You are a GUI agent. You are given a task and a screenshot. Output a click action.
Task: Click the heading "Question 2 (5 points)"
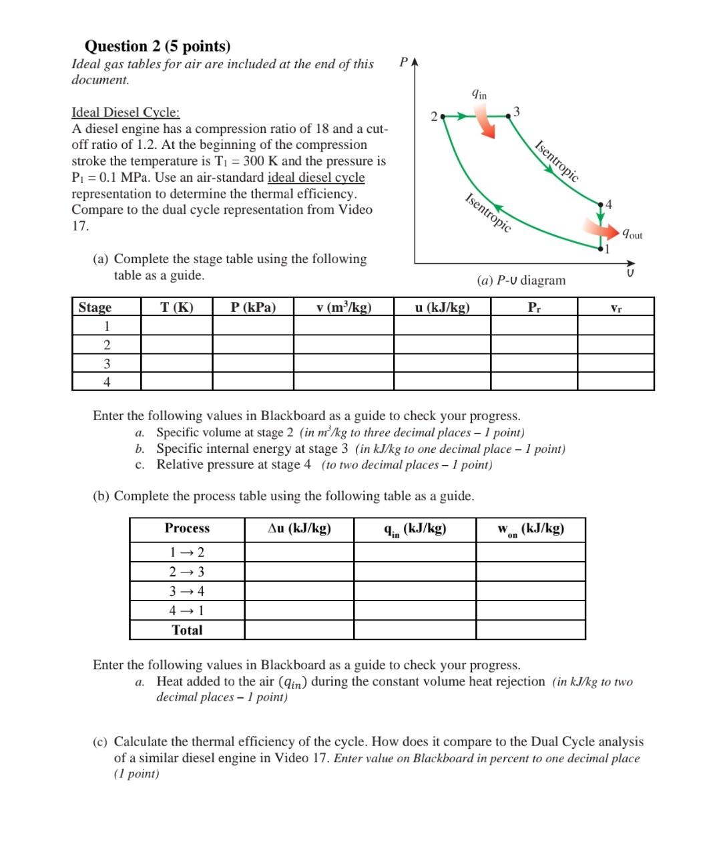(x=158, y=46)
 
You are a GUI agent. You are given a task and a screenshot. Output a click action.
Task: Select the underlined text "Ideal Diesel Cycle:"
(x=126, y=112)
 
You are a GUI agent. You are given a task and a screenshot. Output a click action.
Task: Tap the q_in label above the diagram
(x=479, y=94)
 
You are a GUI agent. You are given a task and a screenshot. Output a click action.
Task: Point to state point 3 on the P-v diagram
(x=509, y=115)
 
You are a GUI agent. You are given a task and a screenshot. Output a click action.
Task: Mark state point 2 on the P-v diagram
(x=442, y=116)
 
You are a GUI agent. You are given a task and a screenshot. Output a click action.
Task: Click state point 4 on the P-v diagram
(x=601, y=204)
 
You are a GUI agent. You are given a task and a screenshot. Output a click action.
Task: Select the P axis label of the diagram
(x=403, y=62)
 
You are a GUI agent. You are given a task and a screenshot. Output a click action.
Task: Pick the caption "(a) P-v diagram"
(x=521, y=280)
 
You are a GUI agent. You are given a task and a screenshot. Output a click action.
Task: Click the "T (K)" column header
(x=177, y=307)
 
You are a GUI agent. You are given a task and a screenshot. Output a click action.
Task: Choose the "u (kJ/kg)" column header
(x=442, y=307)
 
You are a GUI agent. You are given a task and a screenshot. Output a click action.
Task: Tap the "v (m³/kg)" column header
(x=344, y=307)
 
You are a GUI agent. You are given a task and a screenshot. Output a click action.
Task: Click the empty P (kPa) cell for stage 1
(x=253, y=326)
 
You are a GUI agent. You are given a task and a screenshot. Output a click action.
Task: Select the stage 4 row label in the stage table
(x=107, y=382)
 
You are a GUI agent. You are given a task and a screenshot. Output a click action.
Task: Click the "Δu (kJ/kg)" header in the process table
(x=299, y=528)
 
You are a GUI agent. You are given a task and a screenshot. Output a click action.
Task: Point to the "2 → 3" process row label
(x=187, y=572)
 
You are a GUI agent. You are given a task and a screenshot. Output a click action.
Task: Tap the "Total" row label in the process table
(x=187, y=630)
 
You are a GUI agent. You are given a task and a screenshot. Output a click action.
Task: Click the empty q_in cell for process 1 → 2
(x=415, y=552)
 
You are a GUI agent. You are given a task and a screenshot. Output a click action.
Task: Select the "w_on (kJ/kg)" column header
(x=531, y=529)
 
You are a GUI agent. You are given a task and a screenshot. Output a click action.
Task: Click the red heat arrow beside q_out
(x=604, y=230)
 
